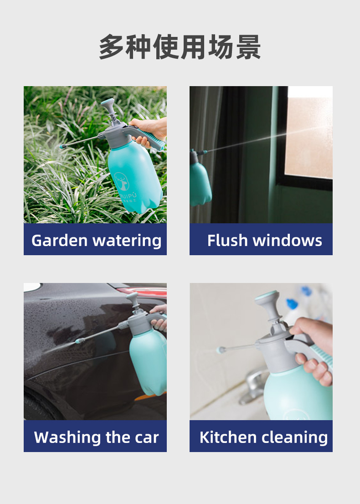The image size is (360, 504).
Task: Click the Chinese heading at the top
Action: tap(180, 47)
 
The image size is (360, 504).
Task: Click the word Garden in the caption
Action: tap(59, 241)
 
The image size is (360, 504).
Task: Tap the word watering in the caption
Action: tap(127, 241)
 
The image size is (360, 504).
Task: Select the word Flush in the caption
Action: tap(227, 241)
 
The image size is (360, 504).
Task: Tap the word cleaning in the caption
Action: tap(295, 437)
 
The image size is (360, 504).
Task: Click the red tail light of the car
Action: tap(142, 291)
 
